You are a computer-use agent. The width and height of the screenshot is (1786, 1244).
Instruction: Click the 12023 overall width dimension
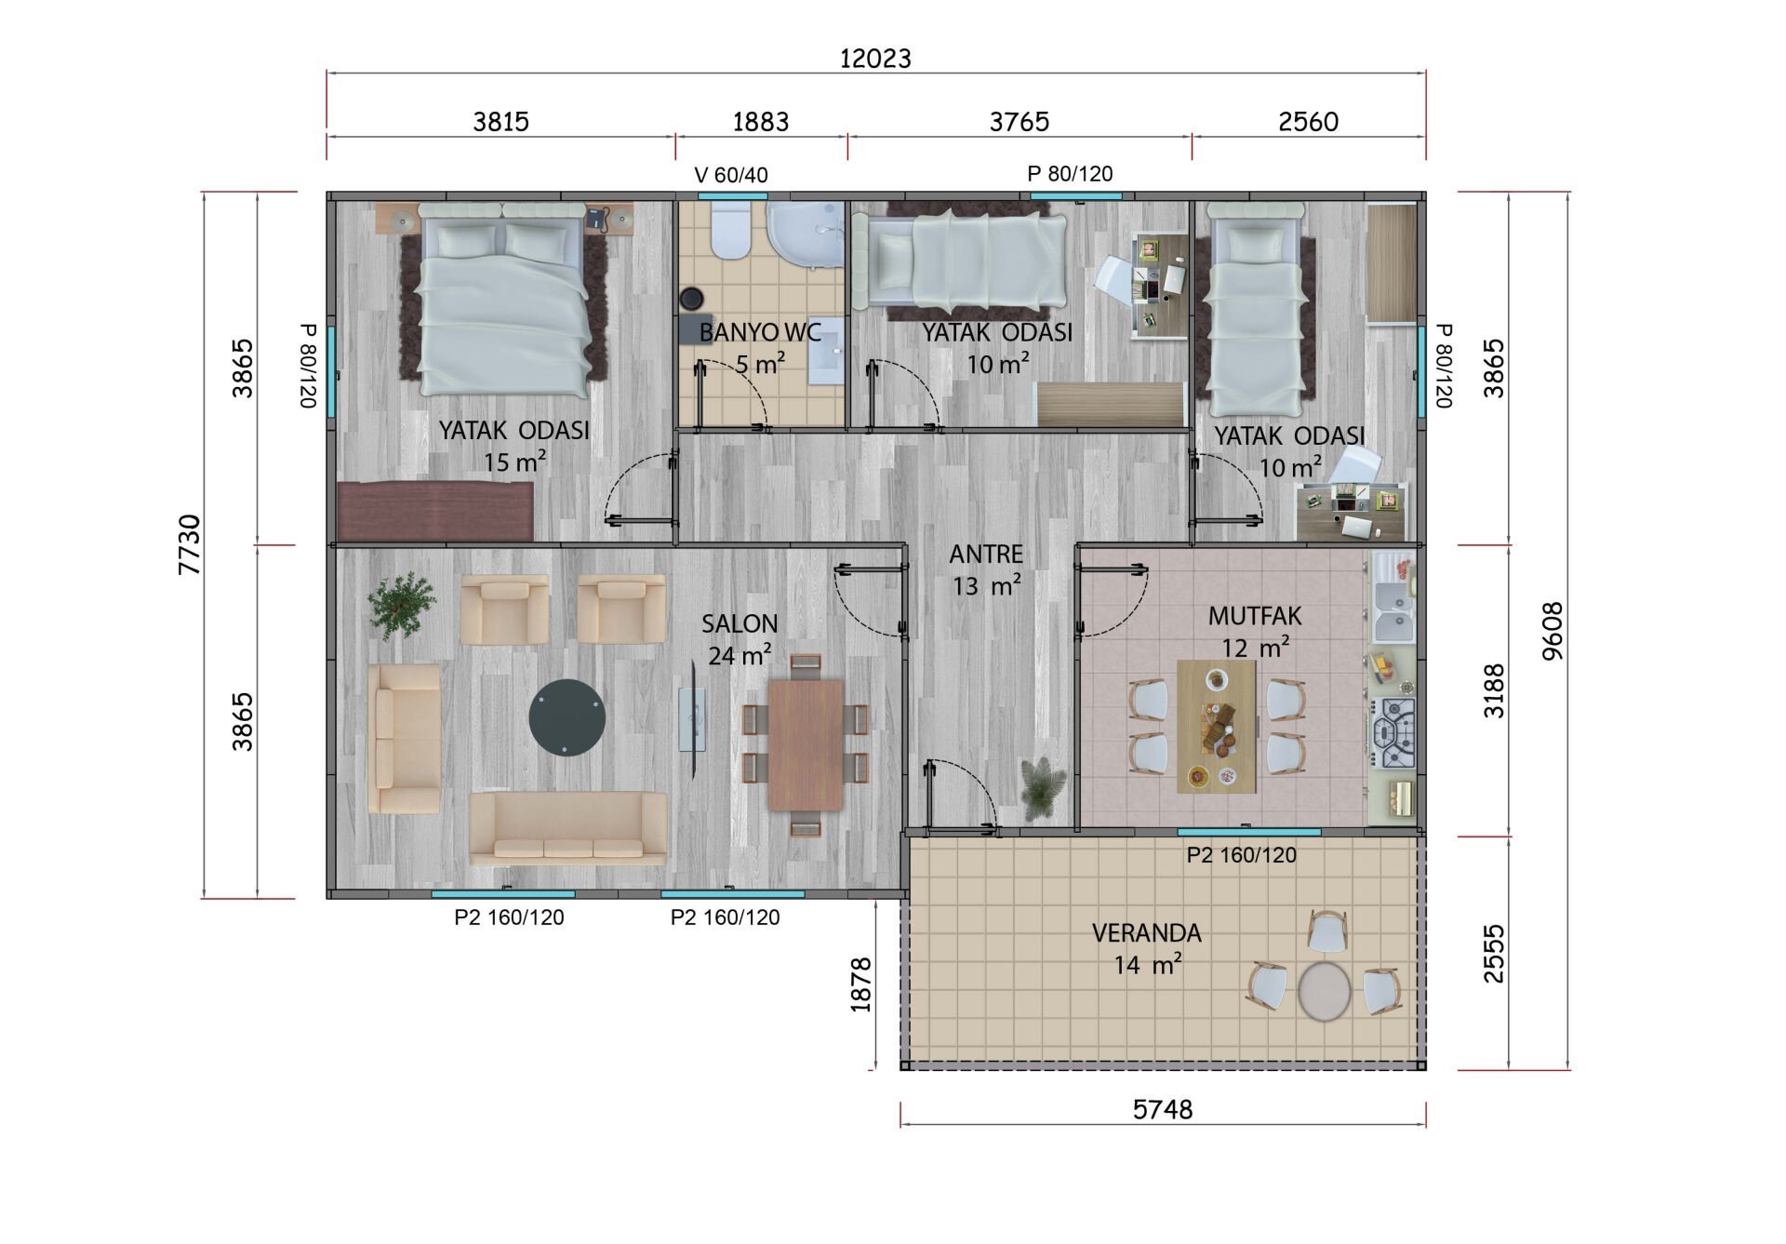coord(875,59)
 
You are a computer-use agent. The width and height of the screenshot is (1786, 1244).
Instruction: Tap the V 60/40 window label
coord(731,175)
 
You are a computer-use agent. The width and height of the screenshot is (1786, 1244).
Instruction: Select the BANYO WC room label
coord(760,332)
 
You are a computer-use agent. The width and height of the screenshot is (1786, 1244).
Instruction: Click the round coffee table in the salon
coord(567,718)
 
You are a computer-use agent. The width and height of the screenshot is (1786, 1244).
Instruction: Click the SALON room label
coord(740,623)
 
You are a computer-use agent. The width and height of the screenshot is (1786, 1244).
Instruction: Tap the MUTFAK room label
coord(1255,616)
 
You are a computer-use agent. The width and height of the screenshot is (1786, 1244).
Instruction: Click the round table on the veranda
coord(1324,992)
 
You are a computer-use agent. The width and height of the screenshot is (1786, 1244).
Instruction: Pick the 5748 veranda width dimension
coord(1163,1109)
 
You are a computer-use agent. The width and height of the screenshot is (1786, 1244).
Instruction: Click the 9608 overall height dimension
coord(1553,631)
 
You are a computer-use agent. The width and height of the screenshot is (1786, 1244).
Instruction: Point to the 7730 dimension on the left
coord(189,544)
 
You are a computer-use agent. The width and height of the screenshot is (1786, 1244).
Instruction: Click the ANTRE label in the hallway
coord(986,555)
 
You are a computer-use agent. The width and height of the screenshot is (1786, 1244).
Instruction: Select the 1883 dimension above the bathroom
coord(761,122)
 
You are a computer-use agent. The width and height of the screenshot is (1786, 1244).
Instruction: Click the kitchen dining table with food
coord(1217,727)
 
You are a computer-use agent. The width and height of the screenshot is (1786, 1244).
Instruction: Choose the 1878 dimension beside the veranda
coord(860,984)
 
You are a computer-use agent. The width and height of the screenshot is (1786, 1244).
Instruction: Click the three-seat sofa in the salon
coord(568,827)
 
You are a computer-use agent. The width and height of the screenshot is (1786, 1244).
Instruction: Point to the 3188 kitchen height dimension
coord(1493,690)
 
